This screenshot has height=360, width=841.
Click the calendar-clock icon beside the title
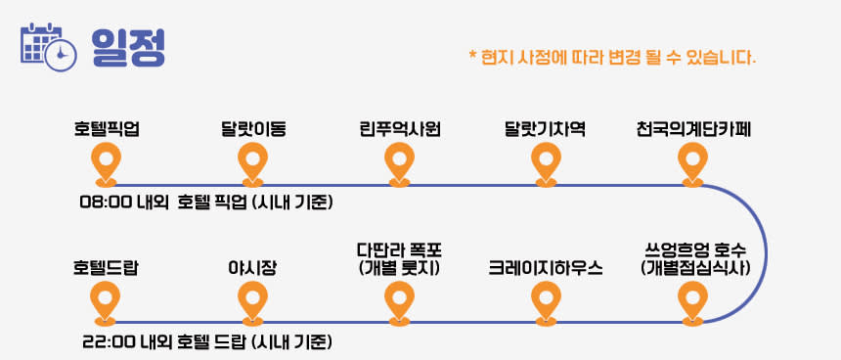pyautogui.click(x=48, y=47)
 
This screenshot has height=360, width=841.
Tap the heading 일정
pyautogui.click(x=128, y=47)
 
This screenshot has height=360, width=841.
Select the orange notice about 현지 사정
pyautogui.click(x=612, y=57)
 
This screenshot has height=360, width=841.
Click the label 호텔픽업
pyautogui.click(x=107, y=129)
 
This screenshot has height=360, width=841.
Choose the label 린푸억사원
pyautogui.click(x=400, y=129)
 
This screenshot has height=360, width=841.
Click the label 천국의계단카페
pyautogui.click(x=693, y=129)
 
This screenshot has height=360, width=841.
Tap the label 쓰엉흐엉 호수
pyautogui.click(x=695, y=251)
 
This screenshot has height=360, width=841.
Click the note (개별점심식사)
pyautogui.click(x=695, y=267)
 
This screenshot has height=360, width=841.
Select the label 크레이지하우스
pyautogui.click(x=546, y=268)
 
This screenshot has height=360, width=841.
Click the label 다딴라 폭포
pyautogui.click(x=400, y=251)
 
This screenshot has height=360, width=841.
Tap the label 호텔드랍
pyautogui.click(x=106, y=268)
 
